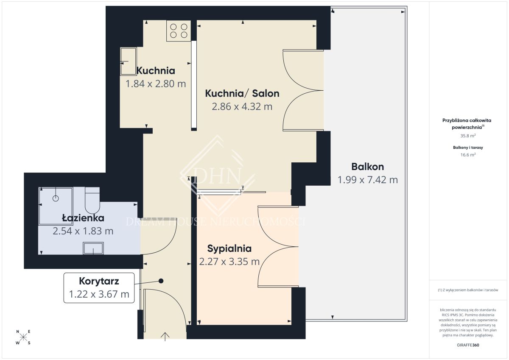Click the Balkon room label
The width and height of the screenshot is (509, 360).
368,167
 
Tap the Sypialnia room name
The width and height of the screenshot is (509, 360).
229,249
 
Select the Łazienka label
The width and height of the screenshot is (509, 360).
83,218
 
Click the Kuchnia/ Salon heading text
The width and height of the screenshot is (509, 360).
242,93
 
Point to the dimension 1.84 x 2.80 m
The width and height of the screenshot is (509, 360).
156,84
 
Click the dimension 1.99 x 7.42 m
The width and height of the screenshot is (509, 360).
368,180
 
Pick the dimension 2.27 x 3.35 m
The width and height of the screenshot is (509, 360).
229,262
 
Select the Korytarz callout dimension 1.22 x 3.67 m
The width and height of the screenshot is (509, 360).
99,294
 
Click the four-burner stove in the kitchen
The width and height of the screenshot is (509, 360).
179,31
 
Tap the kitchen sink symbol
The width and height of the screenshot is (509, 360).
129,61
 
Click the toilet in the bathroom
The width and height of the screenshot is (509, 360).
92,200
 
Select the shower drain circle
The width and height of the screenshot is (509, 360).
56,198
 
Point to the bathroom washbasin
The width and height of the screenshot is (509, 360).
93,248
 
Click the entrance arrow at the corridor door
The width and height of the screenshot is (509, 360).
165,337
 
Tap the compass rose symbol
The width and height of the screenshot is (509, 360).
23,337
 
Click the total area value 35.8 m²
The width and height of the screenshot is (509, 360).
468,136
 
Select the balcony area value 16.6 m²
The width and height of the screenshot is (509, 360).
468,155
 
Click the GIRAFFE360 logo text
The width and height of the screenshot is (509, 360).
468,345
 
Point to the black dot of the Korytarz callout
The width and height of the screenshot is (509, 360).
161,281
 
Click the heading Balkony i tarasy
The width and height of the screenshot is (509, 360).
468,148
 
